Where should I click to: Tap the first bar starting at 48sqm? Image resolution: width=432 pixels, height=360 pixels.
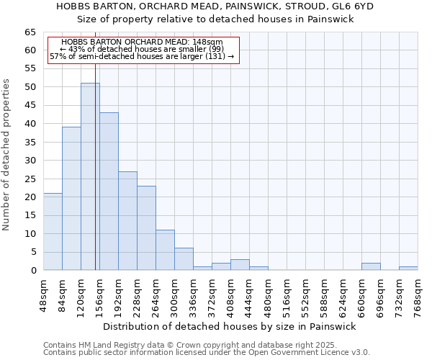pyautogui.click(x=53, y=231)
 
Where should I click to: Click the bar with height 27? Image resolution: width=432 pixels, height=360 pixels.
pyautogui.click(x=127, y=220)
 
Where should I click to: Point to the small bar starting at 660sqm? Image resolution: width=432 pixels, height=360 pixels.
pyautogui.click(x=371, y=266)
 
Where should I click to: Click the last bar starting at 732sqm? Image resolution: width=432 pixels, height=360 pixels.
pyautogui.click(x=408, y=269)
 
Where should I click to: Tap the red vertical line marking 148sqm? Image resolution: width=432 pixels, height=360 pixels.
pyautogui.click(x=95, y=144)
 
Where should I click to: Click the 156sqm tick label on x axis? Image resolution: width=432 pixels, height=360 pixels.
pyautogui.click(x=100, y=292)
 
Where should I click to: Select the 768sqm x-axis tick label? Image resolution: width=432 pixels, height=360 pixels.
pyautogui.click(x=418, y=292)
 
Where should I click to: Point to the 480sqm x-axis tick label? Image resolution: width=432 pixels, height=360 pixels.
pyautogui.click(x=269, y=292)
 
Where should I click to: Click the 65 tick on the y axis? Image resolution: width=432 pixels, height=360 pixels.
pyautogui.click(x=30, y=32)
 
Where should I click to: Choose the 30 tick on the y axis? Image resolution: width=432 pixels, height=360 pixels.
pyautogui.click(x=30, y=161)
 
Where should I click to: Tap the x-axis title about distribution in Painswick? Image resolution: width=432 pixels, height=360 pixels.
pyautogui.click(x=230, y=326)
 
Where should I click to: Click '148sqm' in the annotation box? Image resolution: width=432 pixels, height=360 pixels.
pyautogui.click(x=208, y=42)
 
